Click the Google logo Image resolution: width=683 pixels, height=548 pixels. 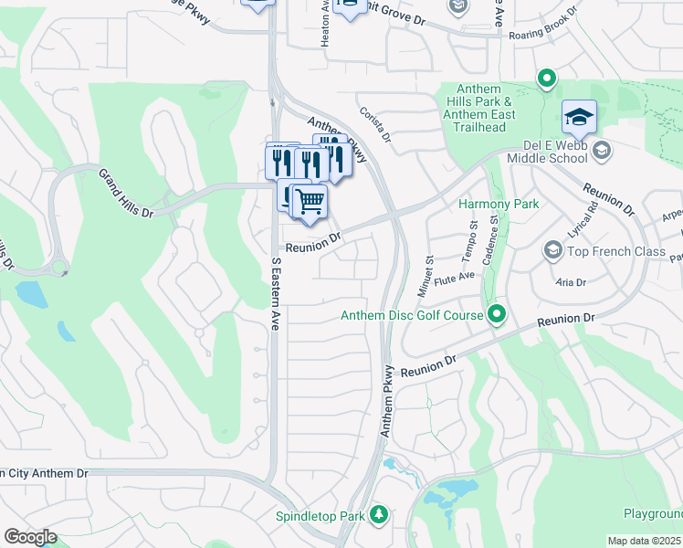(30, 537)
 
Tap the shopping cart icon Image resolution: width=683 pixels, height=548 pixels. (310, 200)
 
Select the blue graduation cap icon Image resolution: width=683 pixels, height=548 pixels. (579, 117)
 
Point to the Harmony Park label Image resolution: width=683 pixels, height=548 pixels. (498, 205)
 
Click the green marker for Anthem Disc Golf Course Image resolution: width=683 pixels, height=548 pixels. (496, 316)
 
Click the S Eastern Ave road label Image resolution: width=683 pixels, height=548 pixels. (275, 293)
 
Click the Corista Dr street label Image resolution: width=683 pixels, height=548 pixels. (374, 125)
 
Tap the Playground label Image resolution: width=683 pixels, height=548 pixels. (653, 515)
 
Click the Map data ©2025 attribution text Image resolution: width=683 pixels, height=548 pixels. (645, 541)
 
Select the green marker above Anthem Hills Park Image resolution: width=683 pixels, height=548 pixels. (547, 79)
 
